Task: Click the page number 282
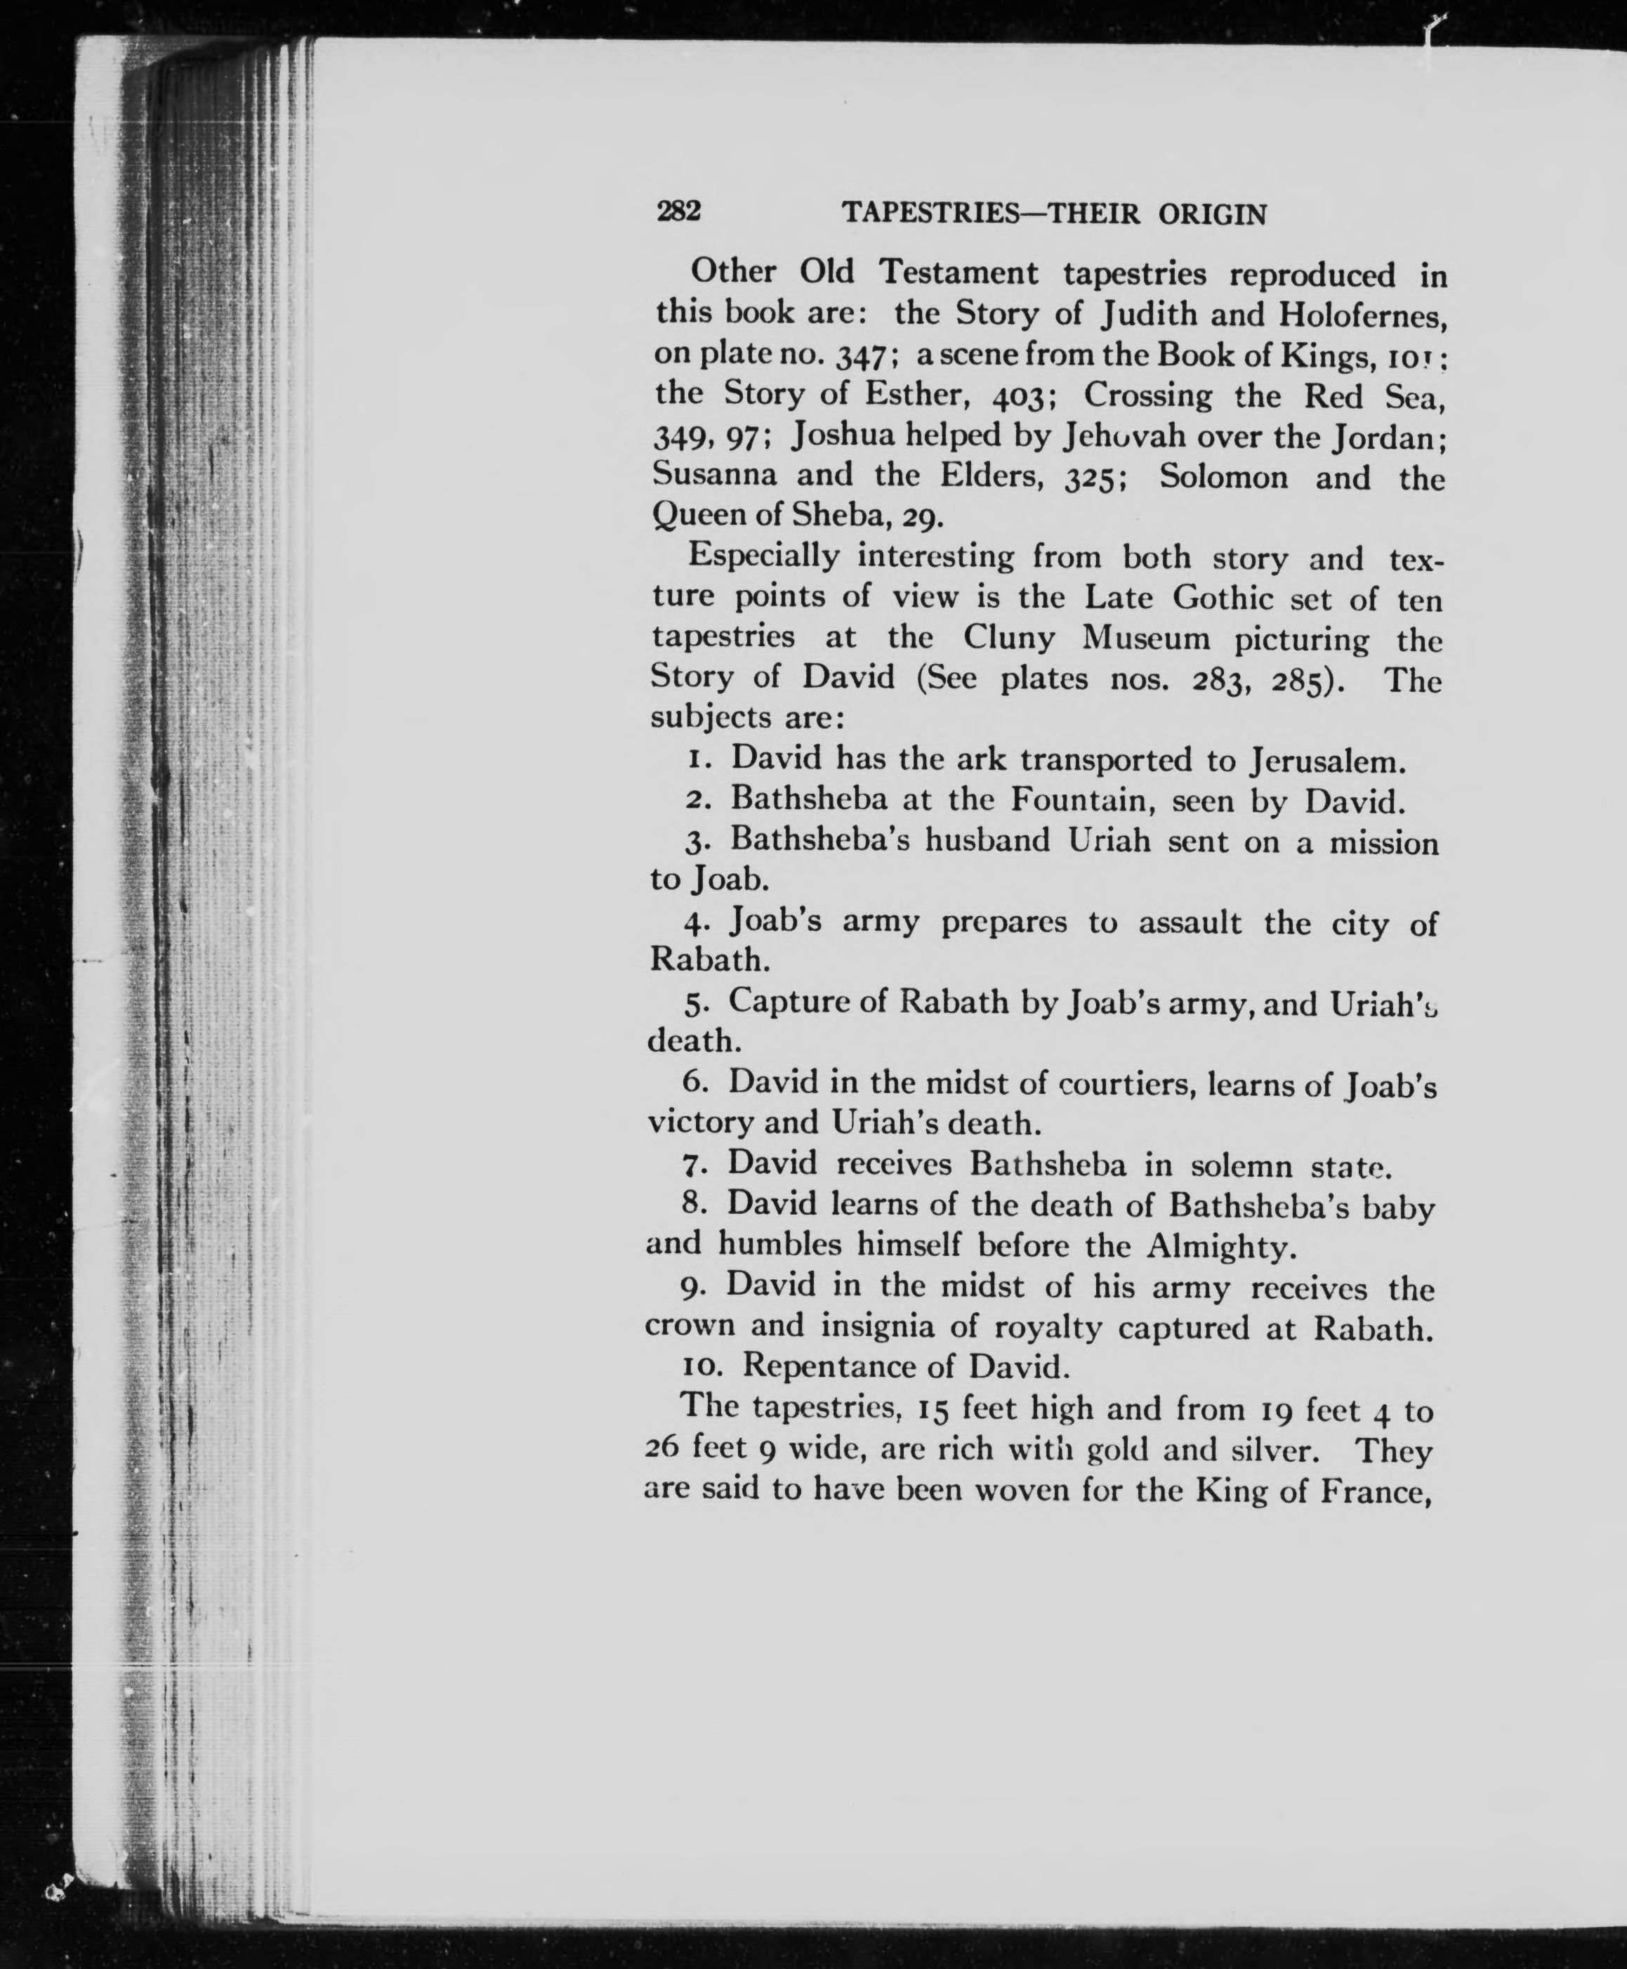[x=678, y=212]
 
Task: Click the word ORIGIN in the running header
[x=1213, y=215]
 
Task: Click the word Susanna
[x=714, y=476]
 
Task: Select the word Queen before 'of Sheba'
[x=695, y=515]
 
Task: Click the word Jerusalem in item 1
[x=1328, y=760]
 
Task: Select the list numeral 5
[x=694, y=1005]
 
